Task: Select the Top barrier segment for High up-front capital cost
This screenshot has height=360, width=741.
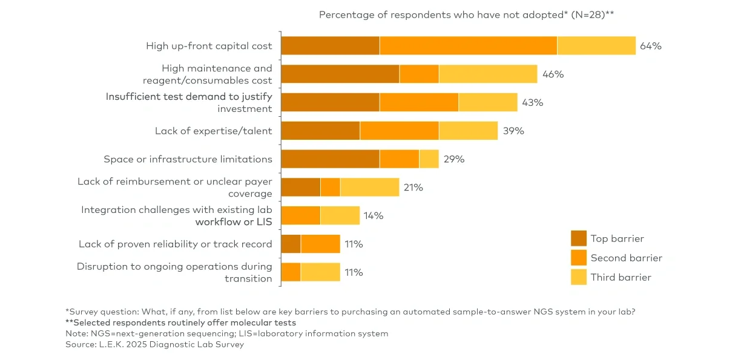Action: pyautogui.click(x=330, y=46)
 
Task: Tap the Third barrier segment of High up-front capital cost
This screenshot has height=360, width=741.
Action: pyautogui.click(x=596, y=46)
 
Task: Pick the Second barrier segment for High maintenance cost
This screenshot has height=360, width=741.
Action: pyautogui.click(x=419, y=74)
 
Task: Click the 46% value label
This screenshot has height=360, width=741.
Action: pyautogui.click(x=553, y=74)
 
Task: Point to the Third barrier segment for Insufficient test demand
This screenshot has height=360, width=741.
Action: pyautogui.click(x=488, y=102)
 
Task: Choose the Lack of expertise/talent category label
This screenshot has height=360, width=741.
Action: pyautogui.click(x=213, y=131)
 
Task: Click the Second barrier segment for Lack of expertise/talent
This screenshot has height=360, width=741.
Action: pyautogui.click(x=399, y=131)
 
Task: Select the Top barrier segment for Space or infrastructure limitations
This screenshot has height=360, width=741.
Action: pyautogui.click(x=330, y=159)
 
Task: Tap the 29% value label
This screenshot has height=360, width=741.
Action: pyautogui.click(x=453, y=159)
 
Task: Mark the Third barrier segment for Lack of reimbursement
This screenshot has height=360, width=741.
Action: pyautogui.click(x=369, y=188)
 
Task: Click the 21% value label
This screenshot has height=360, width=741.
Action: pyautogui.click(x=413, y=188)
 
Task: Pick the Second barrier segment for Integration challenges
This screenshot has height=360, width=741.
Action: pyautogui.click(x=301, y=215)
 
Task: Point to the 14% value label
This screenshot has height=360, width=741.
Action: pyautogui.click(x=374, y=215)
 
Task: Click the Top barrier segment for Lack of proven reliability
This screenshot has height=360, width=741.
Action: pyautogui.click(x=291, y=244)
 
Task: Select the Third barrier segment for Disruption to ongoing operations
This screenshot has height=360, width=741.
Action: pyautogui.click(x=320, y=272)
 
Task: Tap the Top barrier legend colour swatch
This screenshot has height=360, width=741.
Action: pyautogui.click(x=579, y=238)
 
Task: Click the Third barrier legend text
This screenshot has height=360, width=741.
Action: pyautogui.click(x=621, y=277)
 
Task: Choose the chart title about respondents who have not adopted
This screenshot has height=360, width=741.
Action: pyautogui.click(x=467, y=15)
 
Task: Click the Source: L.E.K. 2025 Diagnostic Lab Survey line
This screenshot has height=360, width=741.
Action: pyautogui.click(x=154, y=344)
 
